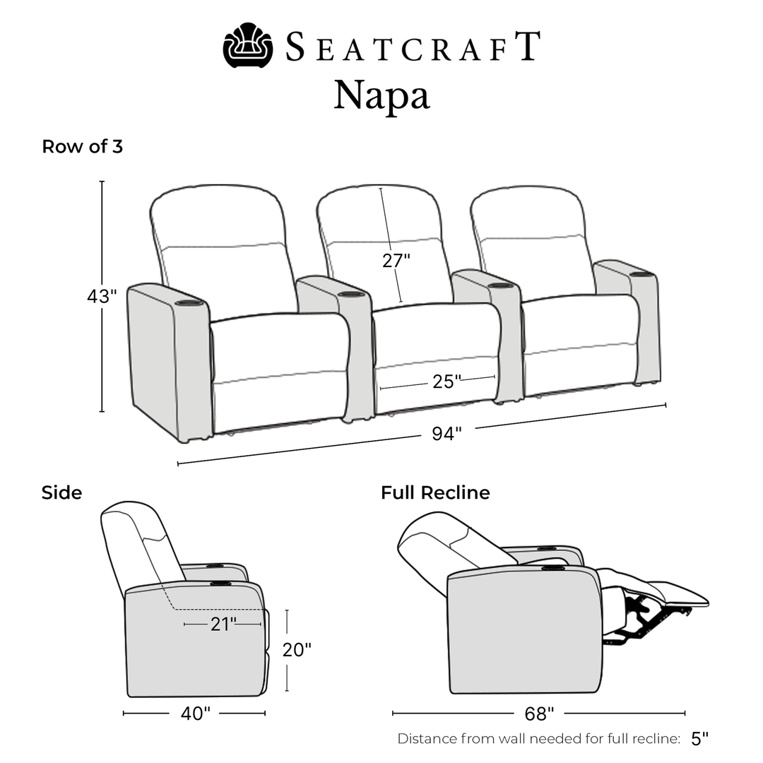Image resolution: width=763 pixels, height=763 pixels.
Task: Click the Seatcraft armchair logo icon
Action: (248, 45)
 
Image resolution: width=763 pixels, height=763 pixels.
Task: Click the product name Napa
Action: (381, 95)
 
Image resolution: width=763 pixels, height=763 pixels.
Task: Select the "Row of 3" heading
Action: (82, 146)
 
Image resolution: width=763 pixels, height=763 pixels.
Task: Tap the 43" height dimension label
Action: (102, 295)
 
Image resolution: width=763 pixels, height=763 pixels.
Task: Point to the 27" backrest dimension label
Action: (396, 261)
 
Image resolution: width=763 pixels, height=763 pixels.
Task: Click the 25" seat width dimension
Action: (446, 381)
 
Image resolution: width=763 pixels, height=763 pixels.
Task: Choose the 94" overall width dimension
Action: (446, 433)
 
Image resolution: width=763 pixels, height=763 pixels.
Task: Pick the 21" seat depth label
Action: (223, 624)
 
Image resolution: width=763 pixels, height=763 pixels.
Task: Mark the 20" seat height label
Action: (297, 650)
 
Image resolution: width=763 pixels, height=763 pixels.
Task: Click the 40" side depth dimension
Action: (196, 714)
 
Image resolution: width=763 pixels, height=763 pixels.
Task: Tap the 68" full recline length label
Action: (539, 714)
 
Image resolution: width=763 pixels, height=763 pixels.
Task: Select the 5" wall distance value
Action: (699, 738)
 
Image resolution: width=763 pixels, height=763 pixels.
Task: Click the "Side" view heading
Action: (61, 492)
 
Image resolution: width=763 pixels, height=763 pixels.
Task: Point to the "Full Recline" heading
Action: (435, 492)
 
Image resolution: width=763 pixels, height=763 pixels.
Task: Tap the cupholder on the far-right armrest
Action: (641, 275)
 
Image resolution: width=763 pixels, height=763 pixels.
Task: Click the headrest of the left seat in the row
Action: (217, 216)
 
